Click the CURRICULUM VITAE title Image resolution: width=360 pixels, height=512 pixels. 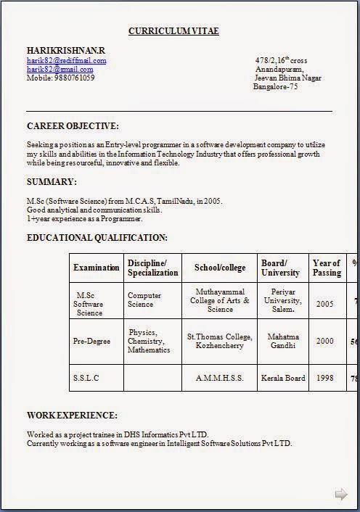[173, 31]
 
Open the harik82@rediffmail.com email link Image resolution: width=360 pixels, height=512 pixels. [67, 61]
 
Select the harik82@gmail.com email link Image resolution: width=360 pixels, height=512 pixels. [62, 69]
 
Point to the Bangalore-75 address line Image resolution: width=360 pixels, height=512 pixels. [275, 86]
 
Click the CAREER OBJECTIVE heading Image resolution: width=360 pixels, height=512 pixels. [73, 126]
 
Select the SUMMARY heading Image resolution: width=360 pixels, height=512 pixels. [52, 182]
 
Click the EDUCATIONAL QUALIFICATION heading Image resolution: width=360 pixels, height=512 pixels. [97, 238]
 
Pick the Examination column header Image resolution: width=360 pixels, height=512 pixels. [97, 268]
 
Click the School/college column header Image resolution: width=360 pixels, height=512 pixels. [220, 268]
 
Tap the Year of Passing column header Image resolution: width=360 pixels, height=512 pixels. [327, 268]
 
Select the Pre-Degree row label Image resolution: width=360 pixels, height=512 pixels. [91, 341]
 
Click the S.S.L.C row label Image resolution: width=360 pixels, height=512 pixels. [86, 378]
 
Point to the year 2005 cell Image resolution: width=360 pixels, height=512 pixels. [325, 304]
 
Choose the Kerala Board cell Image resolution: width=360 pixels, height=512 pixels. [285, 378]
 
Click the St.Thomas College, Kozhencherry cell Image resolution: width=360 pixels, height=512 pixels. [220, 341]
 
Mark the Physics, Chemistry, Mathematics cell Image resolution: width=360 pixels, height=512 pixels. [149, 341]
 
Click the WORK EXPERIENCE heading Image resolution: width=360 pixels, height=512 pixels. [72, 416]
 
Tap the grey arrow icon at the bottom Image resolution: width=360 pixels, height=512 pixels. [341, 495]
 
